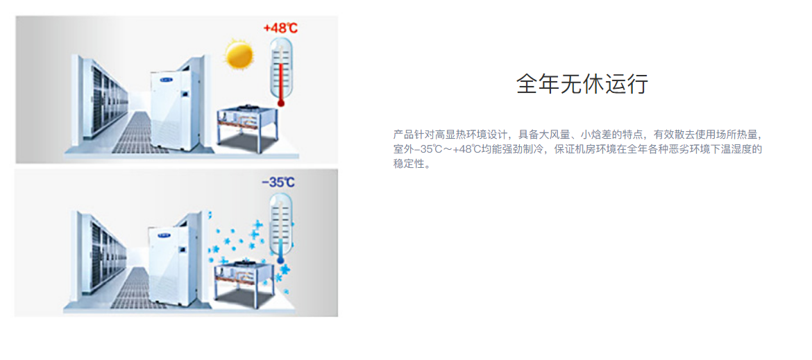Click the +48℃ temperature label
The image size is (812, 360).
280,28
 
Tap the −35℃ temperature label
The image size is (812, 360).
278,182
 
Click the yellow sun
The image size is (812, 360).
239,53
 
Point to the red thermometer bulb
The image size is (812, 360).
281,103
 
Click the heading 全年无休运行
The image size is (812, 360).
582,84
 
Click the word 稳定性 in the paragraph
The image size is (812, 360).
409,165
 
